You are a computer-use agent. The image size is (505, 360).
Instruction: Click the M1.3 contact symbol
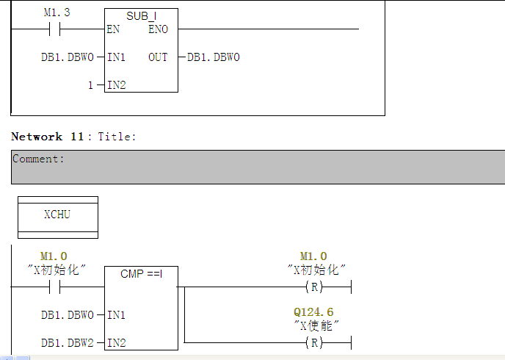[54, 29]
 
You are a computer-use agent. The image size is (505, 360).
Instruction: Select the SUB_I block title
[141, 15]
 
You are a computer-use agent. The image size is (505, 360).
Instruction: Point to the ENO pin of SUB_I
[158, 29]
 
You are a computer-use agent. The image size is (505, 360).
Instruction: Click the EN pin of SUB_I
[113, 29]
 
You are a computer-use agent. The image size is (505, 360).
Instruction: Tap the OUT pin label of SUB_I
[158, 57]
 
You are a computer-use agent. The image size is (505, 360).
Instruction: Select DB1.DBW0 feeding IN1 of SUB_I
[68, 57]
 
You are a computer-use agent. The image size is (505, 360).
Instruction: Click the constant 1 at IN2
[90, 85]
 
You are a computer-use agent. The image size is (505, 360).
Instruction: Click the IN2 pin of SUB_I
[116, 85]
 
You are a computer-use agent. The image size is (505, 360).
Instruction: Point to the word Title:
[117, 137]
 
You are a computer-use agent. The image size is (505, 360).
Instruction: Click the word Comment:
[38, 159]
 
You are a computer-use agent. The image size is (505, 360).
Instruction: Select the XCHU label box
[57, 215]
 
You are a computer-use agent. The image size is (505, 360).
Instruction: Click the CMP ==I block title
[141, 274]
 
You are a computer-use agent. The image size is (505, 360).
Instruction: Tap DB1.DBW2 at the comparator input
[68, 342]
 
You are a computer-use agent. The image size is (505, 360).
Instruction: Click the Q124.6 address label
[313, 312]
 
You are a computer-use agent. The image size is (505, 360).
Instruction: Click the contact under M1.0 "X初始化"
[54, 287]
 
